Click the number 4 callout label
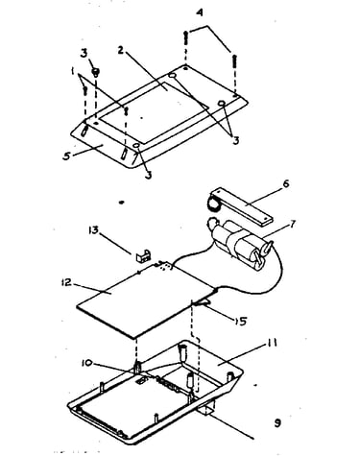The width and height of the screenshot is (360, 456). [200, 13]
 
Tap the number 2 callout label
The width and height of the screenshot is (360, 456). [120, 50]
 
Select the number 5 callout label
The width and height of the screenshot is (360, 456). [66, 156]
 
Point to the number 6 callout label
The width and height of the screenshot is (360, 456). [285, 183]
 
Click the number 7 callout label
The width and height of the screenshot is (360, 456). [292, 224]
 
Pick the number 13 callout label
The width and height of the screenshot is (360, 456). [93, 230]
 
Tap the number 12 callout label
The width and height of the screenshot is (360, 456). [67, 282]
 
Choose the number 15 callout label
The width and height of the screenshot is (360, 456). [240, 321]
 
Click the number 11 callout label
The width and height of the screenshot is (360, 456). [272, 344]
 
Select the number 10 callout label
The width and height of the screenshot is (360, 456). [86, 363]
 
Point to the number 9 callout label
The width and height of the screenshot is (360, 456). [277, 423]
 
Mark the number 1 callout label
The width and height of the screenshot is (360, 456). [73, 72]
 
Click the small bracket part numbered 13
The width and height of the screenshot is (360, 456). [144, 255]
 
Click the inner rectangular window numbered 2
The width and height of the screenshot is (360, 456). [155, 111]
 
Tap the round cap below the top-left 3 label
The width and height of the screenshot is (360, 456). [95, 71]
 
